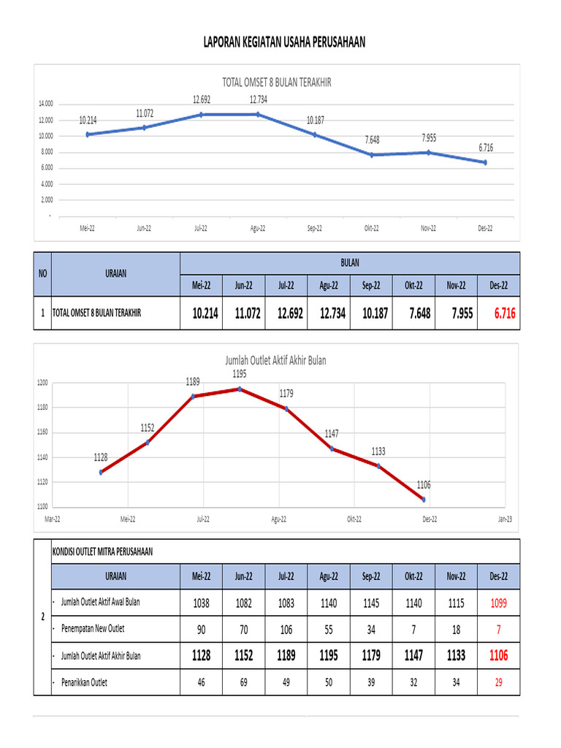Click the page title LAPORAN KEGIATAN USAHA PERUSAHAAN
coord(284,44)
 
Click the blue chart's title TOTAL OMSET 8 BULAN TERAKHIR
coord(277,83)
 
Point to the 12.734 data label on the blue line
coord(258,100)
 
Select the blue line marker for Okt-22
coord(372,155)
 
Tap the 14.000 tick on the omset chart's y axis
coord(46,104)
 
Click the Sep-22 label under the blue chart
coord(315,228)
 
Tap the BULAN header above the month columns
coord(350,262)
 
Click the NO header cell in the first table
coord(42,273)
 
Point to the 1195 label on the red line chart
coord(239,374)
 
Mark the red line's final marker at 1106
coord(424,500)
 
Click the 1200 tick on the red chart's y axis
coord(42,383)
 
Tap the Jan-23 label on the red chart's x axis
coord(505,519)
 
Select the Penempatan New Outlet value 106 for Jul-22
coord(286,629)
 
